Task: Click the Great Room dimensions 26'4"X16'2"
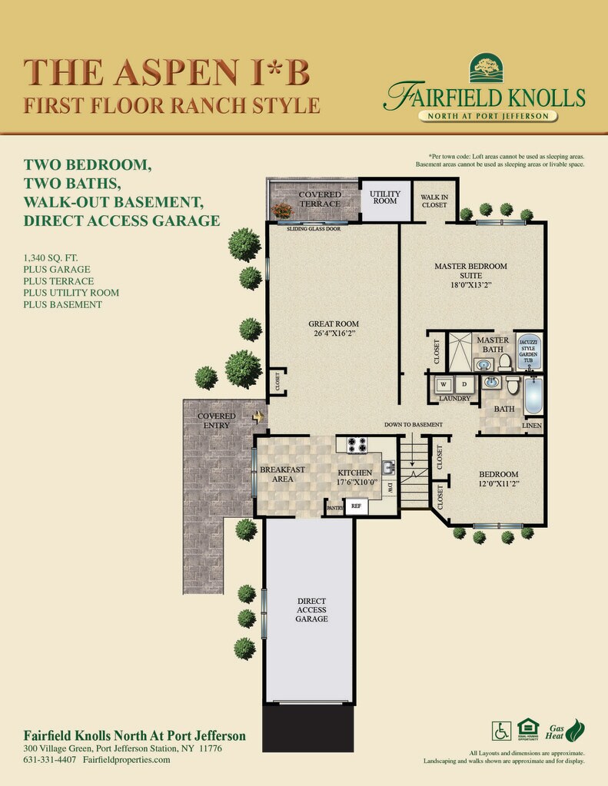pyautogui.click(x=334, y=333)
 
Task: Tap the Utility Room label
pyautogui.click(x=385, y=197)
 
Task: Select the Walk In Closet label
pyautogui.click(x=434, y=201)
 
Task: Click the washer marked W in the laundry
pyautogui.click(x=444, y=385)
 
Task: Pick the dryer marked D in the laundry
pyautogui.click(x=464, y=385)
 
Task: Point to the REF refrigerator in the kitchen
pyautogui.click(x=356, y=506)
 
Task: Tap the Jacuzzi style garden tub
pyautogui.click(x=529, y=351)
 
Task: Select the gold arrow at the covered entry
pyautogui.click(x=257, y=416)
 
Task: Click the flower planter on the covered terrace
pyautogui.click(x=282, y=210)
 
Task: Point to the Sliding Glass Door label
pyautogui.click(x=314, y=229)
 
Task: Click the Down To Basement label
pyautogui.click(x=414, y=425)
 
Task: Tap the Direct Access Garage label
pyautogui.click(x=311, y=609)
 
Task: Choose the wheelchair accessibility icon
pyautogui.click(x=501, y=731)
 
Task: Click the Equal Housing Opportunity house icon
pyautogui.click(x=528, y=729)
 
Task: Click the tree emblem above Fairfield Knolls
pyautogui.click(x=486, y=68)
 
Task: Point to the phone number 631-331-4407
pyautogui.click(x=50, y=759)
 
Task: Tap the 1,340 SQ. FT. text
pyautogui.click(x=51, y=258)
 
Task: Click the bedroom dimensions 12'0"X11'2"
pyautogui.click(x=499, y=484)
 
